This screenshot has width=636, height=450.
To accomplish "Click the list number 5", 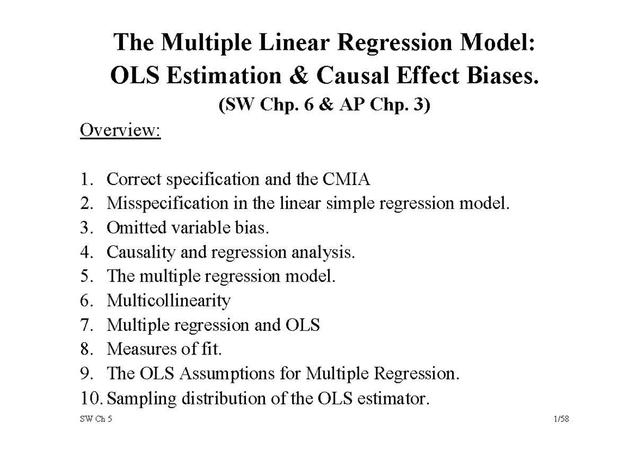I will [86, 277].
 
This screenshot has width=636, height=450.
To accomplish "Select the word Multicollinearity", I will [169, 301].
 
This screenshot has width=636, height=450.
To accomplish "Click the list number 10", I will [89, 398].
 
